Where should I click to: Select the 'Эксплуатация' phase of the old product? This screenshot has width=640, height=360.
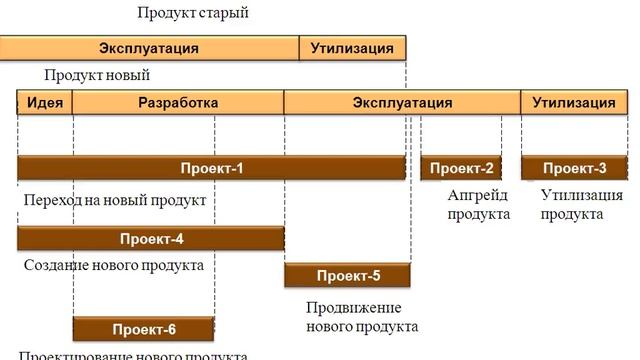click(x=149, y=48)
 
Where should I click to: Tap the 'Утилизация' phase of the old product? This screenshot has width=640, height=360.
click(x=352, y=48)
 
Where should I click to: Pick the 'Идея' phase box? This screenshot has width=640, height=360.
click(x=45, y=102)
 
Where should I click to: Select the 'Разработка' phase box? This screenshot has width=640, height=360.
click(x=178, y=102)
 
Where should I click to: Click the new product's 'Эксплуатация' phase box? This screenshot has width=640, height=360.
click(x=402, y=102)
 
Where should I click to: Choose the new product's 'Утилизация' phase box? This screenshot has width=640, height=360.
click(x=573, y=102)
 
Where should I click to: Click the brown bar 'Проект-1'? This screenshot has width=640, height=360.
click(x=211, y=168)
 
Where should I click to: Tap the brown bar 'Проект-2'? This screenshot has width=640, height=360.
click(x=461, y=168)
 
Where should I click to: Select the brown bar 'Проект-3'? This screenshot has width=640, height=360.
click(x=574, y=168)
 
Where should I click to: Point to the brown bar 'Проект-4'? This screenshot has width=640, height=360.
click(x=151, y=238)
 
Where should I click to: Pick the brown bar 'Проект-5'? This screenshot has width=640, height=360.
click(x=347, y=275)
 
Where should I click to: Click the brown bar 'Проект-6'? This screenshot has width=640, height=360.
click(x=143, y=329)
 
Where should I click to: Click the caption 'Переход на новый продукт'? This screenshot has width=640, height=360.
click(x=114, y=200)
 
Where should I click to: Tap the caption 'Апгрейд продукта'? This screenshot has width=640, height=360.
click(x=478, y=205)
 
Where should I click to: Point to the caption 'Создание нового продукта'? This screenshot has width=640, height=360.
click(x=113, y=265)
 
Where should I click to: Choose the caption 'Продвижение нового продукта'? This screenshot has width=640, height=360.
click(x=361, y=316)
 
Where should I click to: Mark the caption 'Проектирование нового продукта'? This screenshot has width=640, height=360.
click(x=133, y=355)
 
